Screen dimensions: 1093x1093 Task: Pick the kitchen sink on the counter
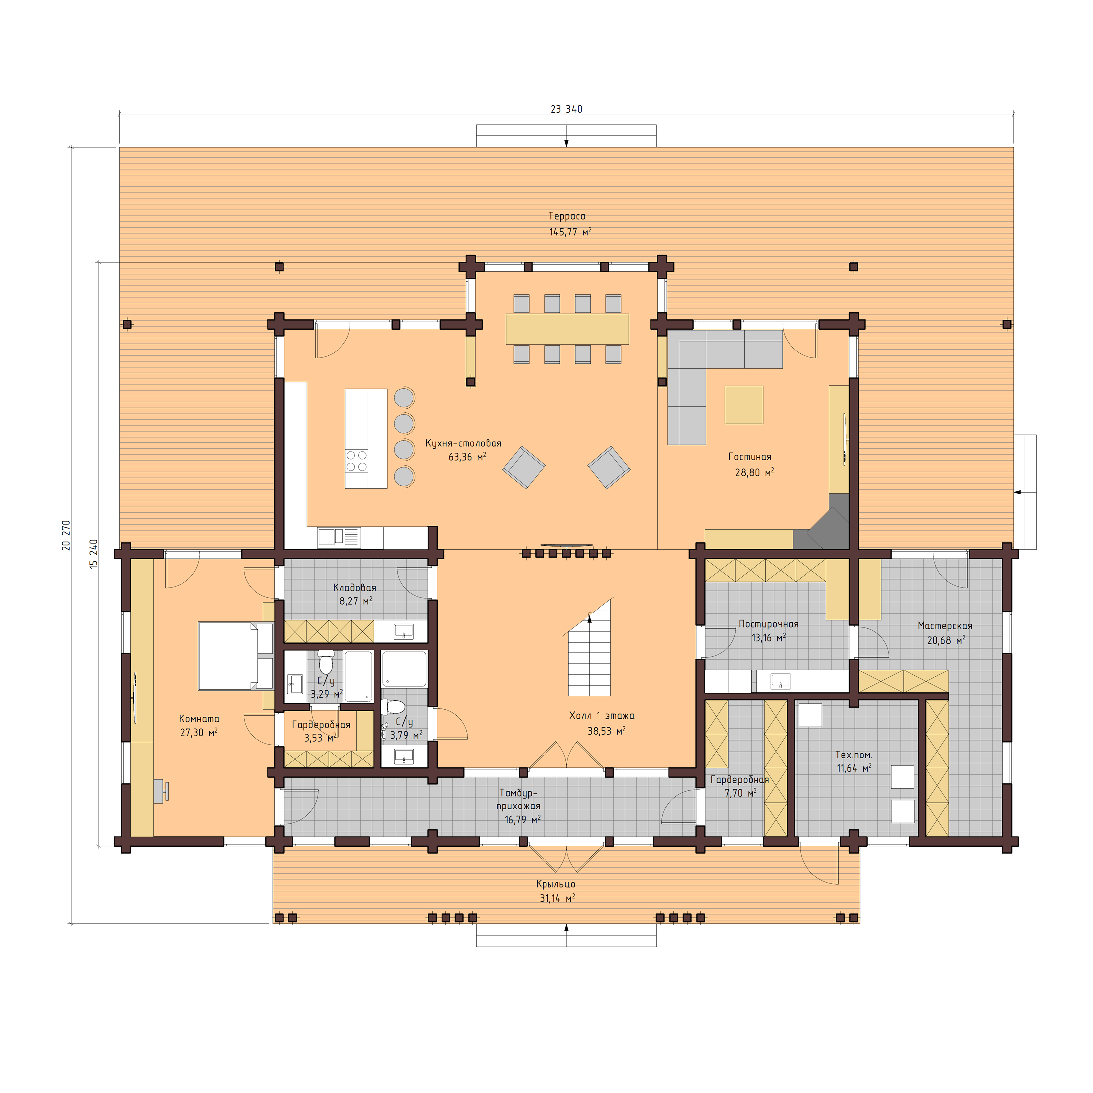[338, 537]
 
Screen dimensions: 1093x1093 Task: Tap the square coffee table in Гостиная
[743, 404]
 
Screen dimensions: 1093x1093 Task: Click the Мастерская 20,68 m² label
[945, 633]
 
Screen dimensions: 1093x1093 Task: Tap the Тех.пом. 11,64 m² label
[854, 761]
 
